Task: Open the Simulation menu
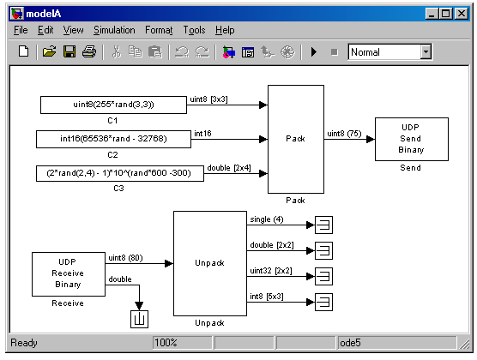(114, 30)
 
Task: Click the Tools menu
(194, 30)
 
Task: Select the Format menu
(159, 30)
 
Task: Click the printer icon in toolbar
(89, 51)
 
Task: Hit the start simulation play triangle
(314, 52)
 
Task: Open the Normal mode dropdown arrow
(426, 52)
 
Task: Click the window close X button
(462, 14)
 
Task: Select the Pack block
(296, 139)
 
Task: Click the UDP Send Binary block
(412, 139)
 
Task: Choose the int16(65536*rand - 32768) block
(113, 139)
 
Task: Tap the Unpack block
(210, 263)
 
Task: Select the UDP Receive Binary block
(69, 274)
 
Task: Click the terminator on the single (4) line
(323, 225)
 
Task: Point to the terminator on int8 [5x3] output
(323, 303)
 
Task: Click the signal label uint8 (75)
(344, 134)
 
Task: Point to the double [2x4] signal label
(229, 168)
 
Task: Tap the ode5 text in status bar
(350, 343)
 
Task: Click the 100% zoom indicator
(166, 343)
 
